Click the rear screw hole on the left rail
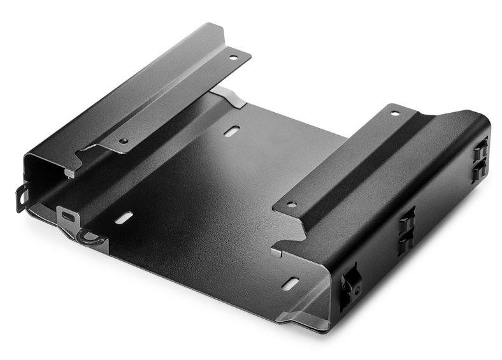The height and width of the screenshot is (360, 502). (x=233, y=57)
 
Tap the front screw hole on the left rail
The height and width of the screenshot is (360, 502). (x=123, y=140)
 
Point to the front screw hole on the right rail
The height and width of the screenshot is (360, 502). (x=291, y=205)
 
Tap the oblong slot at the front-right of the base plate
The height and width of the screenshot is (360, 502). (x=290, y=283)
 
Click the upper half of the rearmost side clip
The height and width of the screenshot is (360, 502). (x=480, y=151)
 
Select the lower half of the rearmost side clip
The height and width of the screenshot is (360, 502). (x=478, y=171)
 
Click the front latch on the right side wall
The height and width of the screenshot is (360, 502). (x=349, y=285)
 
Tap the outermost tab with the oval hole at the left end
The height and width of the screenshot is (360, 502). (x=22, y=197)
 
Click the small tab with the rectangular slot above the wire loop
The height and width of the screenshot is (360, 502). (x=68, y=215)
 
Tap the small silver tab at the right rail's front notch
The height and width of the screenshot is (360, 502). (x=276, y=252)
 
